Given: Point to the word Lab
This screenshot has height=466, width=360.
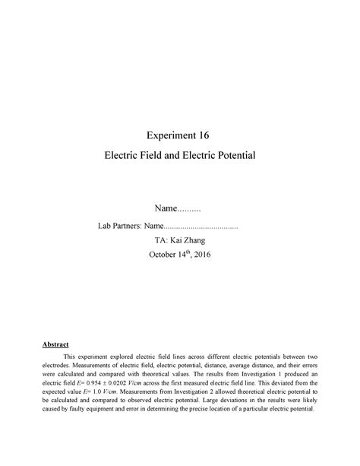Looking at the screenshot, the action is point(105,226).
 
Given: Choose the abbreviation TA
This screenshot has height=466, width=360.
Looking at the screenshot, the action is point(160,239).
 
